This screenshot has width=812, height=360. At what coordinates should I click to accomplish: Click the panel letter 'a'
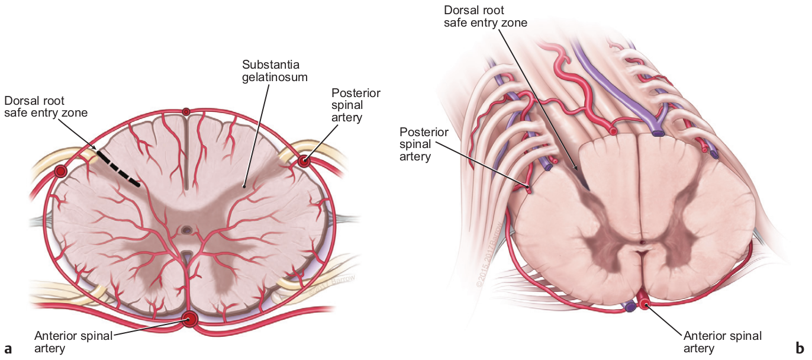[8, 347]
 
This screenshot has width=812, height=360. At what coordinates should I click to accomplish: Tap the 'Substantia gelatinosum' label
[274, 70]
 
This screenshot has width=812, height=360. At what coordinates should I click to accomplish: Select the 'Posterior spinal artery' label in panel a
[355, 105]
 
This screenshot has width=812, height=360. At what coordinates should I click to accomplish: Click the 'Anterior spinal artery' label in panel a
[73, 342]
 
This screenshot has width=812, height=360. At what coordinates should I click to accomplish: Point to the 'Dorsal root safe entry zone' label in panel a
[46, 106]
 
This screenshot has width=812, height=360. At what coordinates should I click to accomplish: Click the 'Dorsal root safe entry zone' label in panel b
[485, 17]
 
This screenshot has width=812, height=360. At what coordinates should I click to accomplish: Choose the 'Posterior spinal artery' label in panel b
[424, 144]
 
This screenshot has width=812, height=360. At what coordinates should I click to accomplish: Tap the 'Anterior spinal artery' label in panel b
[722, 342]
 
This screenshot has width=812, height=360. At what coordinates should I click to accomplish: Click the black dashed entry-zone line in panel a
[118, 168]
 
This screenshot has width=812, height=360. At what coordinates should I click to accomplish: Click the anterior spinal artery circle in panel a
[190, 320]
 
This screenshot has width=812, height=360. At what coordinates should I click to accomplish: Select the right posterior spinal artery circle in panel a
[304, 160]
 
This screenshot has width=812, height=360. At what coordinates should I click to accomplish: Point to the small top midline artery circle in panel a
[186, 111]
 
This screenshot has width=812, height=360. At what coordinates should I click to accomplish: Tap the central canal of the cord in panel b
[643, 243]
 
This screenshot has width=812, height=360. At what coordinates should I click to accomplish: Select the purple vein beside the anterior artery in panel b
[630, 307]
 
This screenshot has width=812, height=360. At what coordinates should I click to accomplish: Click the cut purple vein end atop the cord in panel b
[658, 133]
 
